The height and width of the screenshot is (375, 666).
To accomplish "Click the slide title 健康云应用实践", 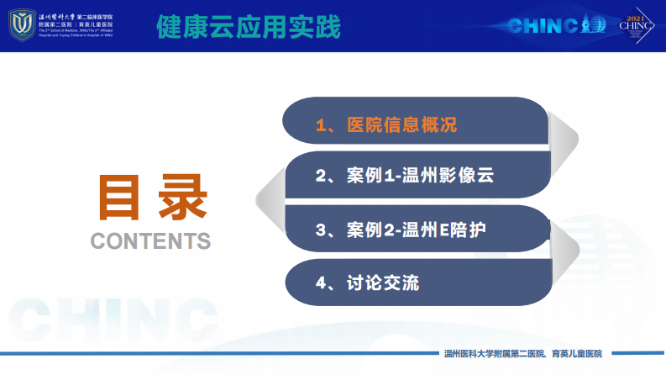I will coord(249,27).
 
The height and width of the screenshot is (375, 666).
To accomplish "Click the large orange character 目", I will coord(122,198).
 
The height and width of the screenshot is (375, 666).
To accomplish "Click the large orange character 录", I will coord(179,198).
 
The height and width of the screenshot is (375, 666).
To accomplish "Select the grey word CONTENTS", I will coord(150,240).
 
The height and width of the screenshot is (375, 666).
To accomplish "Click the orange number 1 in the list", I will coord(320,125).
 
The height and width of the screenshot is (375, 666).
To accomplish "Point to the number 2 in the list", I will coord(320,177).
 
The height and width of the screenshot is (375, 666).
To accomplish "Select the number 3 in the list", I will coord(320,229).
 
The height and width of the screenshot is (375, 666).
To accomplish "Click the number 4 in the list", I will coord(320,283).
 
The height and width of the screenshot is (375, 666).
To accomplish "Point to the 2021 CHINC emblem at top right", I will coord(636,26).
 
